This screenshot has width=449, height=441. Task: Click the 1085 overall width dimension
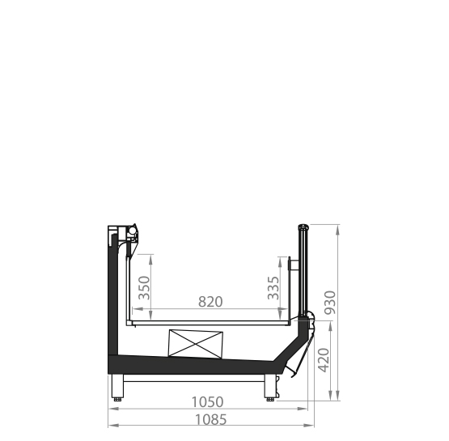tap(210, 420)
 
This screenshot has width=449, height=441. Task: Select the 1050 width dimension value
tap(207, 402)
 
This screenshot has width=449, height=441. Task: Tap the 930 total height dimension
tap(330, 303)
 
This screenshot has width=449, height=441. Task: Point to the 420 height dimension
tap(324, 360)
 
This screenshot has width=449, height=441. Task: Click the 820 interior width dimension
tap(210, 302)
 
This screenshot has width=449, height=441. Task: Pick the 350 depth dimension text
tap(144, 288)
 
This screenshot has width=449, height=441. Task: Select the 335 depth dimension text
tap(273, 288)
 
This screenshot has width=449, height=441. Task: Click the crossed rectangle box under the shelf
tap(196, 344)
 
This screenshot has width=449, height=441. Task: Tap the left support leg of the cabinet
tap(117, 386)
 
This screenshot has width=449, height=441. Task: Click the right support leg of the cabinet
tap(270, 386)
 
